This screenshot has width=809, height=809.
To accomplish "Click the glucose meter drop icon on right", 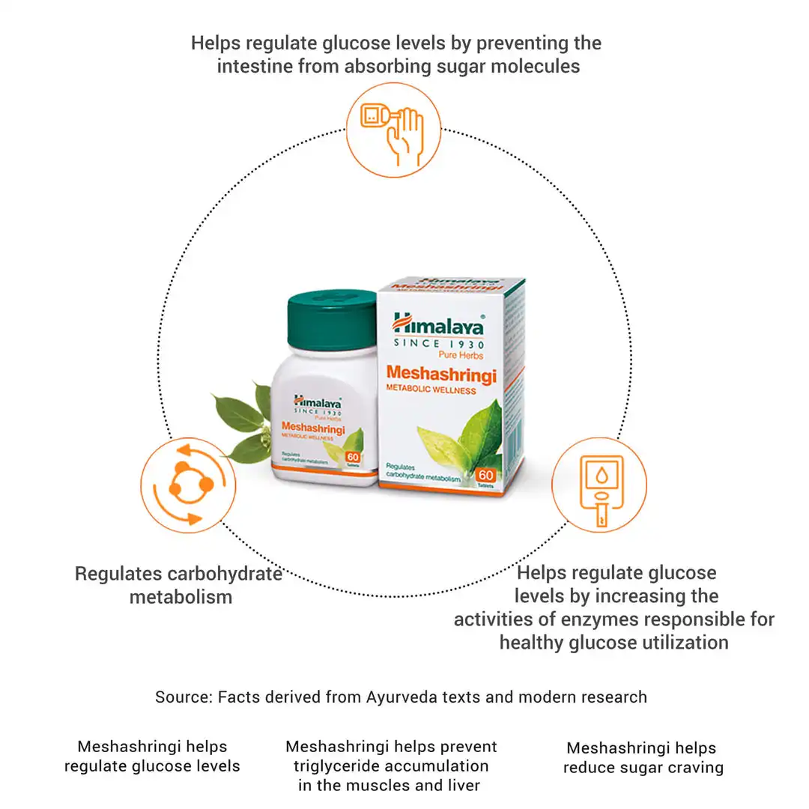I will point(599,485).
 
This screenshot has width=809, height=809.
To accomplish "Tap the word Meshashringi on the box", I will point(441,373).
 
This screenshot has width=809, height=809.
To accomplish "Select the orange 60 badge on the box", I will point(485,476).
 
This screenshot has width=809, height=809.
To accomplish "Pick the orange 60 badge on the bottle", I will point(352,458).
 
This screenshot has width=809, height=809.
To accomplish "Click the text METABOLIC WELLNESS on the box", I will point(431,390).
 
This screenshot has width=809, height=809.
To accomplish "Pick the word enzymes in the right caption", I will point(595,619).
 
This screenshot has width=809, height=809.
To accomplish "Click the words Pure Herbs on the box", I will point(461,355).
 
